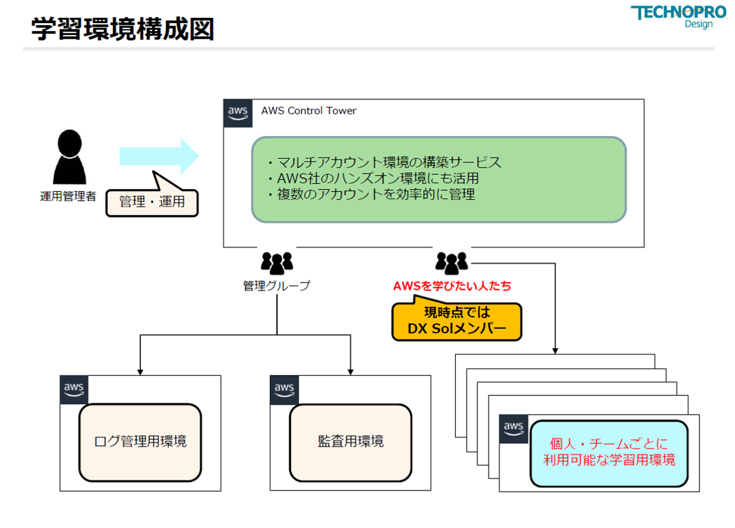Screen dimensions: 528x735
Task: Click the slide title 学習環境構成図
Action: coord(122,29)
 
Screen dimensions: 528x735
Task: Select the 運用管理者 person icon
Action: coord(69,157)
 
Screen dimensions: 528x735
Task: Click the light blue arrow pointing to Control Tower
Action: coord(158,156)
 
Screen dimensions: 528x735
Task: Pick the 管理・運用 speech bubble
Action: coord(152,202)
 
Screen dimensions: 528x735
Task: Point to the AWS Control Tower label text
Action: coord(308,111)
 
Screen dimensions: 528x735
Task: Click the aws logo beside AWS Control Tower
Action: coord(238,113)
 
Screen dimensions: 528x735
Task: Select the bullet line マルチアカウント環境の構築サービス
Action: coord(388,162)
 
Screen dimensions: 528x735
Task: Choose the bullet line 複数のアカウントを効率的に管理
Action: coord(375,194)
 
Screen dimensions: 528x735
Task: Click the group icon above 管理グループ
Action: coord(277,262)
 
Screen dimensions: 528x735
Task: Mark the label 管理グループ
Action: coord(276,286)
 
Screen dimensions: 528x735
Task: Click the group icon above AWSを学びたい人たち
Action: coord(451,262)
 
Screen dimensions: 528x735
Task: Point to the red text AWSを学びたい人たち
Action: coord(452,286)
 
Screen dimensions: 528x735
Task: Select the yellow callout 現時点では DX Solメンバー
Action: coord(456,321)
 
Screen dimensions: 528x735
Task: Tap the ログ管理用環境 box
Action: coord(140,442)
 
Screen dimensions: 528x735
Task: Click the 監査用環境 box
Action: coord(350,442)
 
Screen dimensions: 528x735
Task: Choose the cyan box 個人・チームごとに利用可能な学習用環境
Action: coord(609,452)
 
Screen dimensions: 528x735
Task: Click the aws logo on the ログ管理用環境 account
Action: coord(74,390)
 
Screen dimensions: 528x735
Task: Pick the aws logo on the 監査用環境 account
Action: coord(284,390)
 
